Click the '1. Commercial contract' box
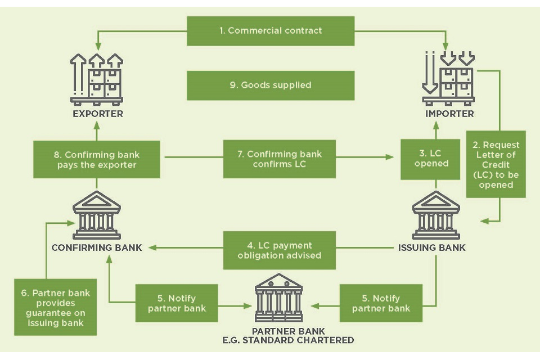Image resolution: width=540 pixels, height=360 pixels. click(x=271, y=31)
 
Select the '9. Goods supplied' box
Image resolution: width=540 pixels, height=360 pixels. click(x=271, y=85)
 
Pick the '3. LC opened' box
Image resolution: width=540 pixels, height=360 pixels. click(x=431, y=159)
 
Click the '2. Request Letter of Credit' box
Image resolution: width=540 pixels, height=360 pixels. click(x=496, y=165)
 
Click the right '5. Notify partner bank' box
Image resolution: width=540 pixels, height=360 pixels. click(x=381, y=304)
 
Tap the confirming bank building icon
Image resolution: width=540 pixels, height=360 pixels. click(x=97, y=215)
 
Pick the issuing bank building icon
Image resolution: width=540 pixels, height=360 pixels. click(x=436, y=215)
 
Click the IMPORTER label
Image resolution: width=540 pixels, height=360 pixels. click(x=449, y=114)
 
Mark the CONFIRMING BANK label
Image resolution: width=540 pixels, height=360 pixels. click(x=97, y=247)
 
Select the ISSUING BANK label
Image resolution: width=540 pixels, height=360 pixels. click(x=431, y=247)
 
